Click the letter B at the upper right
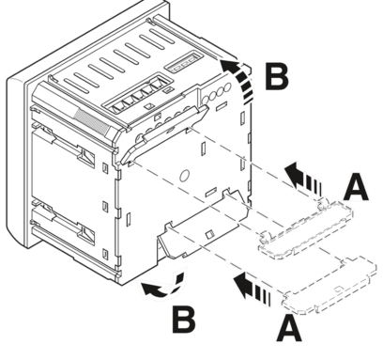coord(277,77)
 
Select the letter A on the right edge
coord(356,188)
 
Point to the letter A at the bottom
coord(289,328)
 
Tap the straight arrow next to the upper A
coord(303,179)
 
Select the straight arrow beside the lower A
coord(252,289)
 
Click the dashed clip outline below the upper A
coord(305,230)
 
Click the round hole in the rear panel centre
coord(184,176)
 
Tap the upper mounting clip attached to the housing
coord(164,134)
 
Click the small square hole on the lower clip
coord(209,234)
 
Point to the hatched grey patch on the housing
coord(93,122)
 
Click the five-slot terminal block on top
coord(138,92)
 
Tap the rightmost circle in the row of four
coord(227,87)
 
